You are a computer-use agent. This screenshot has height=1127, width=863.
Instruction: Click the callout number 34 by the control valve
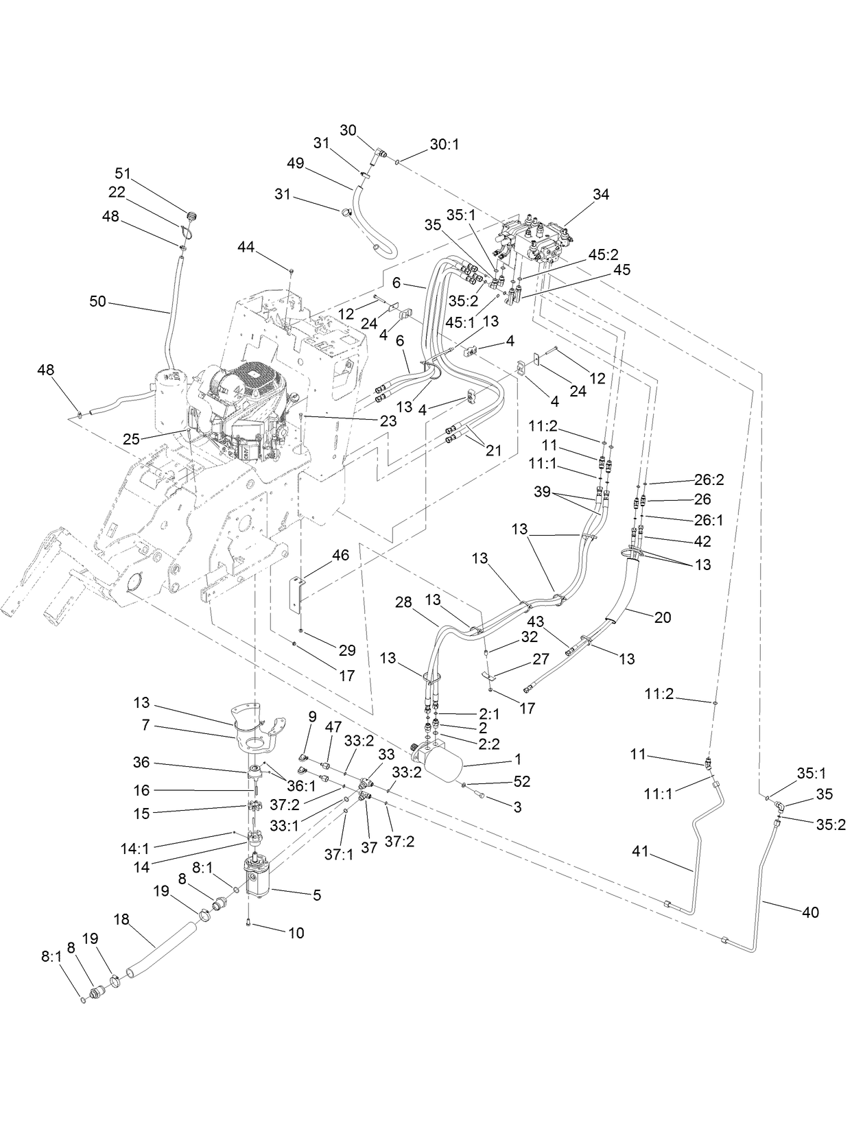tap(600, 195)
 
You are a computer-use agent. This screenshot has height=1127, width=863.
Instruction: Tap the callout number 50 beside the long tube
tap(98, 300)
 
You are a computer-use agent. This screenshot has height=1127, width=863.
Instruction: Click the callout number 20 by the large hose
tap(662, 617)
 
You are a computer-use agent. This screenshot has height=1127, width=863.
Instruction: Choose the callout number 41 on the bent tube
tap(640, 852)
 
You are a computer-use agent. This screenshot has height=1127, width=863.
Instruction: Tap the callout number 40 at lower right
tap(809, 912)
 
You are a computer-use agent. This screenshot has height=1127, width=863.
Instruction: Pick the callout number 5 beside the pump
tap(316, 894)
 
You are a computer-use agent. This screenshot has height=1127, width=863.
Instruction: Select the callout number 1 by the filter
tap(518, 759)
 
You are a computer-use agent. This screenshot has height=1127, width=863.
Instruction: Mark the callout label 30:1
tap(444, 145)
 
